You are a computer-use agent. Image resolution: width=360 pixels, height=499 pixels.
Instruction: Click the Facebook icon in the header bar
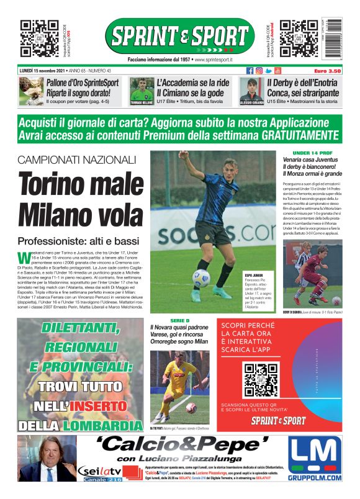(x=250, y=71)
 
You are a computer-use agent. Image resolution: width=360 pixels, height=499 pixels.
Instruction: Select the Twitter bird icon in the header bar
(x=268, y=71)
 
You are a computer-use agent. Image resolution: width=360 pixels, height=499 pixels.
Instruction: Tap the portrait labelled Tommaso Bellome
(x=142, y=91)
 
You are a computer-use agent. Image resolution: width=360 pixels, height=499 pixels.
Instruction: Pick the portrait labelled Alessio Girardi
(x=252, y=91)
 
